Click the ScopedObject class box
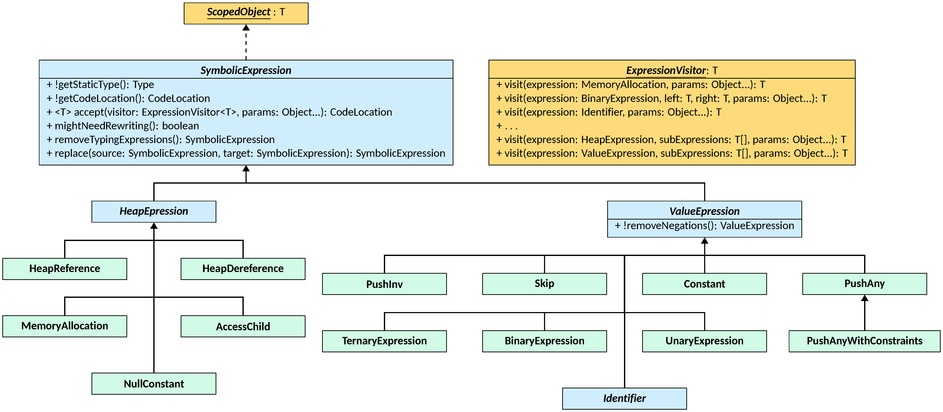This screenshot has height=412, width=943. pyautogui.click(x=246, y=13)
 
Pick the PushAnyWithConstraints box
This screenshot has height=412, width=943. pyautogui.click(x=864, y=341)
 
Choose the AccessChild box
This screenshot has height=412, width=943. pyautogui.click(x=243, y=326)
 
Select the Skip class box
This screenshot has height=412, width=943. pyautogui.click(x=544, y=283)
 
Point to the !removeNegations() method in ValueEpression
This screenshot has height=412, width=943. pyautogui.click(x=704, y=226)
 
